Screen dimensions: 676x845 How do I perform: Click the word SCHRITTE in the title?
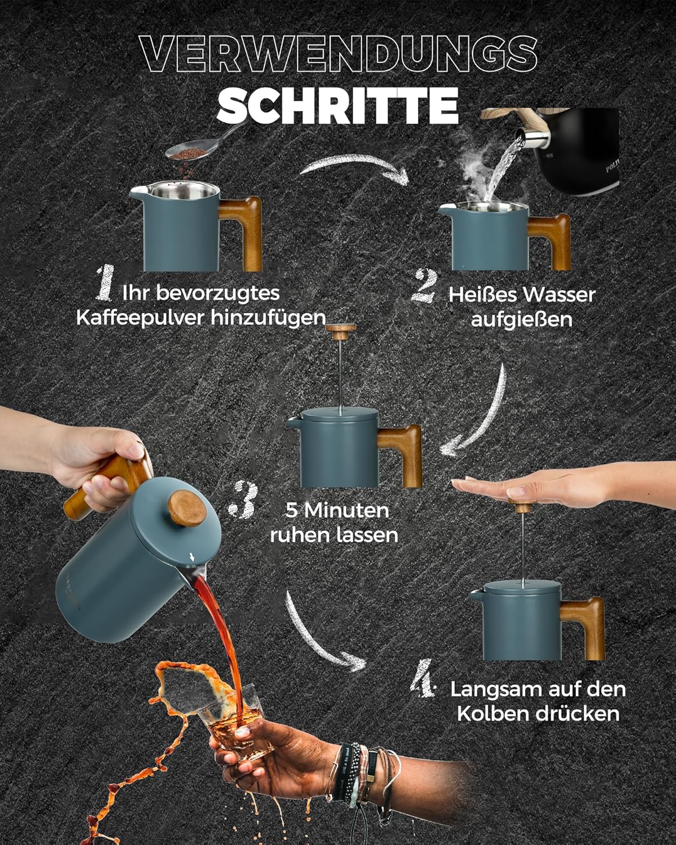pyautogui.click(x=338, y=106)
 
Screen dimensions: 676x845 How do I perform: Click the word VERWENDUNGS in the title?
pyautogui.click(x=339, y=54)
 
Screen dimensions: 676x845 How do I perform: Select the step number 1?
pyautogui.click(x=105, y=283)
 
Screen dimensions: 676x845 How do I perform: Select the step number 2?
pyautogui.click(x=424, y=286)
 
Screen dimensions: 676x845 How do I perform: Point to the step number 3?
pyautogui.click(x=243, y=500)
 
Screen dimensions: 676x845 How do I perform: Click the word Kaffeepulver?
pyautogui.click(x=141, y=318)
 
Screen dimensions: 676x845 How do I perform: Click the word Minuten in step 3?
pyautogui.click(x=347, y=510)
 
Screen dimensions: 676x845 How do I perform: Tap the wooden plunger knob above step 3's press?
pyautogui.click(x=341, y=331)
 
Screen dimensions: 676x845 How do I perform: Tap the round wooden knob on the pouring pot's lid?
pyautogui.click(x=187, y=508)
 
